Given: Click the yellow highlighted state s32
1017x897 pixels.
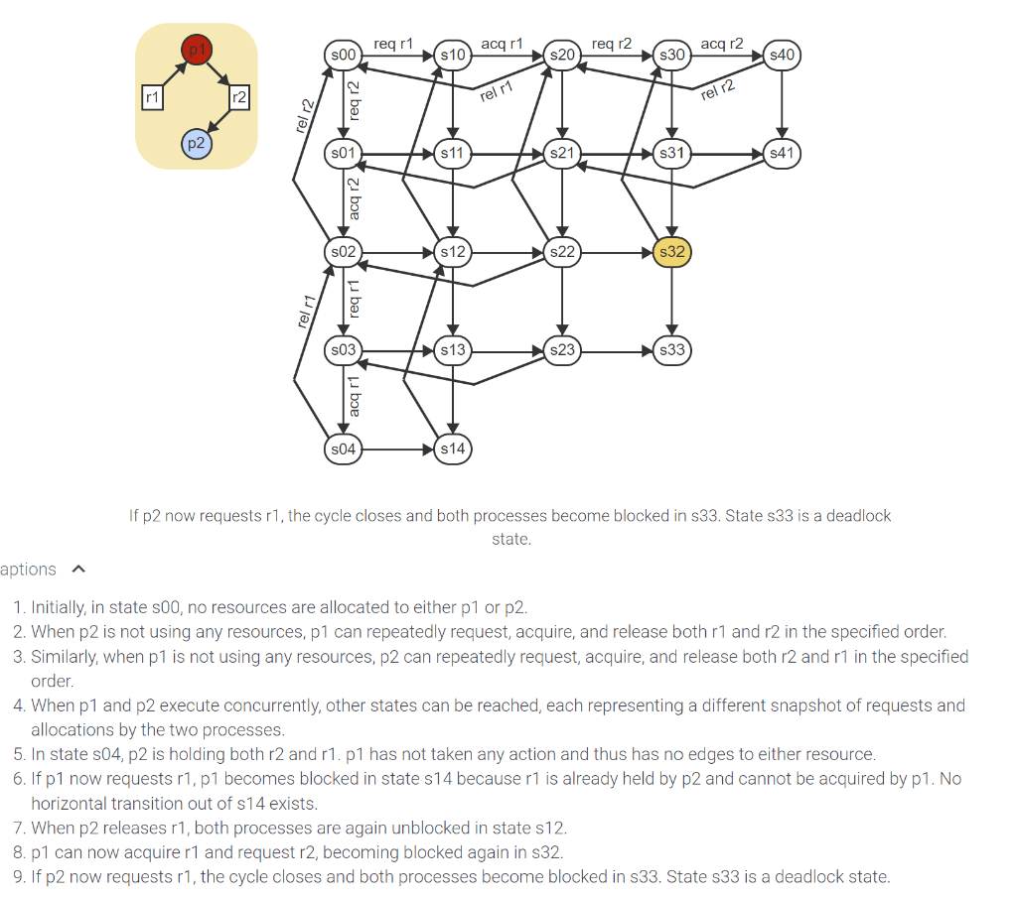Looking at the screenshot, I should tap(672, 252).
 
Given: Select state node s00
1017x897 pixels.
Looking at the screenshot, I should tap(343, 55).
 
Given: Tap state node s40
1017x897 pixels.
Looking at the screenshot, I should tap(782, 55).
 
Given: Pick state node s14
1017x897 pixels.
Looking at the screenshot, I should tap(453, 448).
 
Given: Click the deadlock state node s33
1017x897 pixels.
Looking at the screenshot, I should tap(672, 350).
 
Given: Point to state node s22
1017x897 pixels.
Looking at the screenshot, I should tap(562, 252).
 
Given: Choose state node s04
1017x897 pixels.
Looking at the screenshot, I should tap(343, 448).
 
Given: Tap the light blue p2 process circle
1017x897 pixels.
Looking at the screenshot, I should tap(196, 144).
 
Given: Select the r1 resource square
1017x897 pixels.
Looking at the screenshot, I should tap(151, 97).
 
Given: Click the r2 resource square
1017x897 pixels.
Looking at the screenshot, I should tap(238, 97).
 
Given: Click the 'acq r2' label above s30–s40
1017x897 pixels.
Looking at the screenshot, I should tap(722, 44).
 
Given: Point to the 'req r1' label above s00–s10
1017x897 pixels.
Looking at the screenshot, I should tap(393, 44).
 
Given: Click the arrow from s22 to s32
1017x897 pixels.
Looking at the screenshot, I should tap(616, 252).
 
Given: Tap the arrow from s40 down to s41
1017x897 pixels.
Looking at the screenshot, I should tap(782, 104).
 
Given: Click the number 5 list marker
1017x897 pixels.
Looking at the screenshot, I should tap(19, 754).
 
